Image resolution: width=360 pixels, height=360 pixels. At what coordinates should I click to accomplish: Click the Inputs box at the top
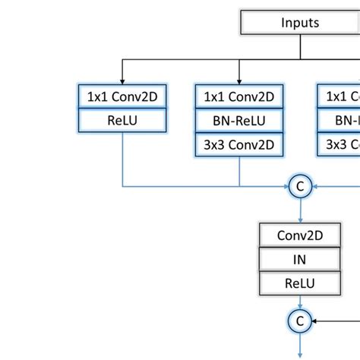[x=299, y=23]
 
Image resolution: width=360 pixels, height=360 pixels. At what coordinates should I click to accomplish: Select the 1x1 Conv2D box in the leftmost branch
[x=123, y=96]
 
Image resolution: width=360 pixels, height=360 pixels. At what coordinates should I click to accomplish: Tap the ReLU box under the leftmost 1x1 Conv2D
[x=123, y=120]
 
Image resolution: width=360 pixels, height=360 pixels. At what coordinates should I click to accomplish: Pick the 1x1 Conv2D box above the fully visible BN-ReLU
[x=239, y=96]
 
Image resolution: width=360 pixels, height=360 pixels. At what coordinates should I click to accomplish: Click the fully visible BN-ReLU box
[x=239, y=120]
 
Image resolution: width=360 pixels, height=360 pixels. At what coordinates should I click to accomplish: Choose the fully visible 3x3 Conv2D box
[x=239, y=144]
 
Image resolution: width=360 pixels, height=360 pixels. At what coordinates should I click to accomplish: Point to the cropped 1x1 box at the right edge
[x=339, y=96]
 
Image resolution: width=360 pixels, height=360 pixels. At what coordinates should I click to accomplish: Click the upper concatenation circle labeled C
[x=299, y=186]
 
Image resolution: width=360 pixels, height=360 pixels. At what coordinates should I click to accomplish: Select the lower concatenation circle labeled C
[x=299, y=320]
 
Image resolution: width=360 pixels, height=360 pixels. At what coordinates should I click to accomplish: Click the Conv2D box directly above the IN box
[x=299, y=235]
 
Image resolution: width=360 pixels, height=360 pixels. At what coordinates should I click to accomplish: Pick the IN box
[x=299, y=260]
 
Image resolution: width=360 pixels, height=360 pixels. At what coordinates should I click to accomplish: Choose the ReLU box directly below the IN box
[x=299, y=284]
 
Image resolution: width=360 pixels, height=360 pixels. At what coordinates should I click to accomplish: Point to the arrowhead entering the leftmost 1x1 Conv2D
[x=123, y=80]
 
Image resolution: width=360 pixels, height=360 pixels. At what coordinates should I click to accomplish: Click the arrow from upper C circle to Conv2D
[x=299, y=211]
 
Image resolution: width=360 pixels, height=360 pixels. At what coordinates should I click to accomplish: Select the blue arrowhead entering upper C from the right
[x=315, y=186]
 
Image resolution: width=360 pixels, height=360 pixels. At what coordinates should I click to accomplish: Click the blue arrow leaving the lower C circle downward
[x=299, y=346]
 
